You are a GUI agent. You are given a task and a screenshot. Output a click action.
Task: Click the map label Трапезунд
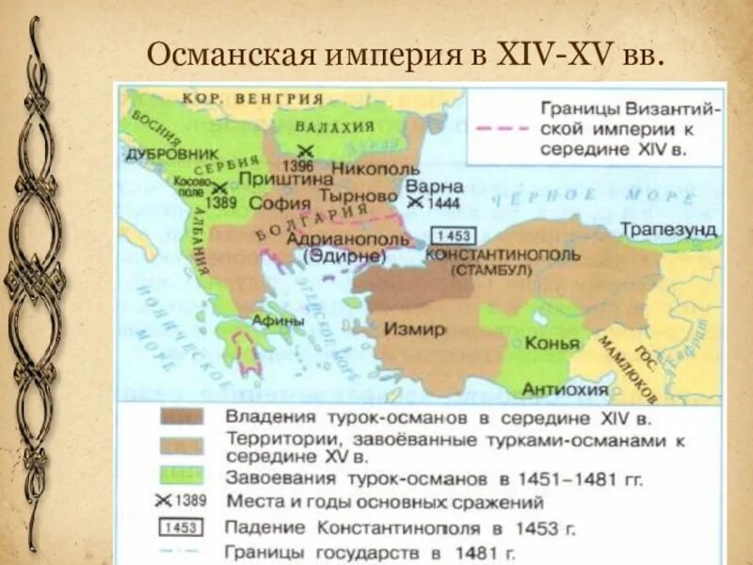tap(669, 230)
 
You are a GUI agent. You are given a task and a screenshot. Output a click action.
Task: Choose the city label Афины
tap(277, 320)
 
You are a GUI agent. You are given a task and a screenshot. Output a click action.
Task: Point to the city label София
tap(280, 202)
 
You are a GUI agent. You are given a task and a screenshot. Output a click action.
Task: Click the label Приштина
tap(275, 178)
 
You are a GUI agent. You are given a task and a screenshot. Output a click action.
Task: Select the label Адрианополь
tap(333, 239)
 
